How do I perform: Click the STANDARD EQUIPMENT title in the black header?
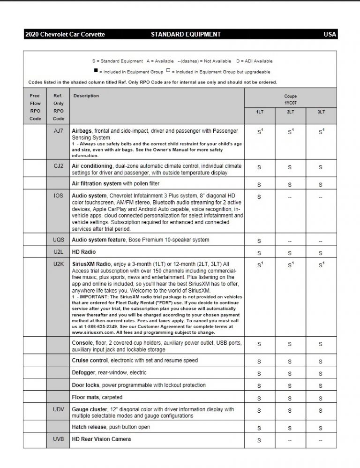point(186,35)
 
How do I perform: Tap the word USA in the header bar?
point(330,35)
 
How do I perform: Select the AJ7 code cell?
point(59,131)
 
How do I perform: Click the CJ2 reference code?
point(59,166)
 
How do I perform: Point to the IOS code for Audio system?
point(59,195)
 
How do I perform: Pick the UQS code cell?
point(59,240)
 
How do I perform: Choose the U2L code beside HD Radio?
point(59,252)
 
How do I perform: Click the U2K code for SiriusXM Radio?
point(59,264)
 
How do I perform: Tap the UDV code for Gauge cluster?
point(59,409)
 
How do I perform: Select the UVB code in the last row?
point(59,439)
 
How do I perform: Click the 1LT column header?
point(259,113)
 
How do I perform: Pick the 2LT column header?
point(290,113)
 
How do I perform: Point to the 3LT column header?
point(321,113)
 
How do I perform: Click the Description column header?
point(86,96)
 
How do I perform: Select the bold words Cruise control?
point(90,361)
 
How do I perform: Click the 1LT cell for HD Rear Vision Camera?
point(259,440)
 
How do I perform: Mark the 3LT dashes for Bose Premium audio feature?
point(321,241)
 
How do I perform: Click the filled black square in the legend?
point(96,71)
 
